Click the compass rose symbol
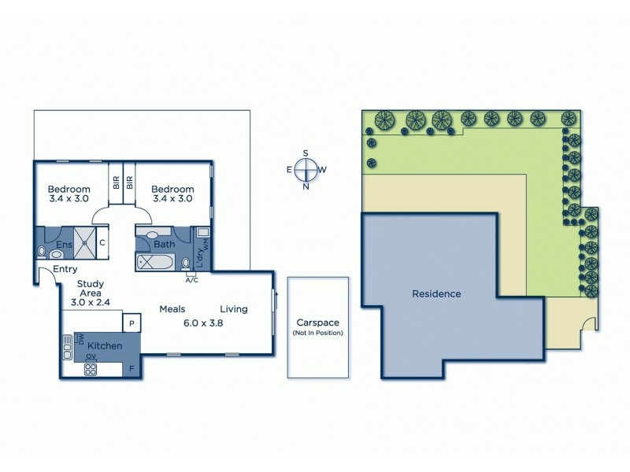pyautogui.click(x=306, y=169)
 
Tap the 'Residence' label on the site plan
pyautogui.click(x=436, y=294)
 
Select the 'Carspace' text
pyautogui.click(x=317, y=323)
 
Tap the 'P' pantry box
pyautogui.click(x=131, y=323)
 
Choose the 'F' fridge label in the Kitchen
pyautogui.click(x=131, y=367)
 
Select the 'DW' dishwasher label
pyautogui.click(x=80, y=339)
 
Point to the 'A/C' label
pyautogui.click(x=191, y=279)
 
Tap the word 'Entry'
pyautogui.click(x=65, y=270)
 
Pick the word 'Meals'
pyautogui.click(x=172, y=308)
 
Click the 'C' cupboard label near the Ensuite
pyautogui.click(x=102, y=243)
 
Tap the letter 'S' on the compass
pyautogui.click(x=306, y=153)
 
